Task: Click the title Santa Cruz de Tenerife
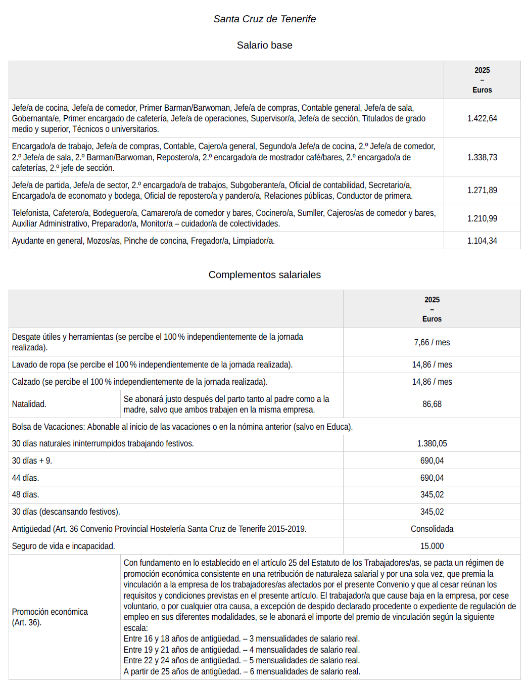click(264, 19)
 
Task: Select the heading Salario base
click(264, 45)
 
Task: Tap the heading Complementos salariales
click(264, 275)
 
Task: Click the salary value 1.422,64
click(482, 118)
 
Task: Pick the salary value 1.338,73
click(482, 157)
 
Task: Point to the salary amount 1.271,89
click(482, 190)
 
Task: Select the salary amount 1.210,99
click(482, 218)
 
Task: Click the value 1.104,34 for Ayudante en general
click(482, 241)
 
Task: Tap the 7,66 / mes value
click(432, 342)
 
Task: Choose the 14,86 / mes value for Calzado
click(432, 382)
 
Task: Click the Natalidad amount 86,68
click(432, 404)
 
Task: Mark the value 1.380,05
click(432, 443)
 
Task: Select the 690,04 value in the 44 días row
click(432, 478)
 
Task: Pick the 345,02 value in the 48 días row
click(432, 494)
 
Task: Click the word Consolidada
click(432, 529)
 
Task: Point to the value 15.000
click(432, 546)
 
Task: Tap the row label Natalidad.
click(29, 404)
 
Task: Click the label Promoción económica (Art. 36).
click(50, 617)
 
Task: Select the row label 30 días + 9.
click(32, 461)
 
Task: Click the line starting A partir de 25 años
click(242, 671)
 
